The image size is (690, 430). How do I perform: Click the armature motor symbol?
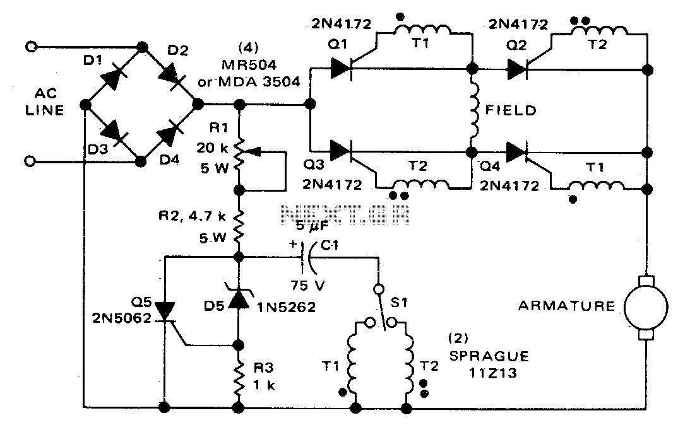pos(646,307)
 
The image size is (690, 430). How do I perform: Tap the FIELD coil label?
pos(511,110)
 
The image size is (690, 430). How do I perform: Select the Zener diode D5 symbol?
pos(238,298)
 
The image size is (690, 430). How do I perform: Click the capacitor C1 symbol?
pos(307,257)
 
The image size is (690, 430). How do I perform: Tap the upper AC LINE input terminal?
pos(31,46)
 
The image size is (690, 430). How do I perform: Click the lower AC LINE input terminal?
pos(30,161)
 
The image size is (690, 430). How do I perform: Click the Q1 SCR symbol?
pos(342,69)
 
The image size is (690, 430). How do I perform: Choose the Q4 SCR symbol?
pos(517,152)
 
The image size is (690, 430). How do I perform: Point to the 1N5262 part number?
pos(287,307)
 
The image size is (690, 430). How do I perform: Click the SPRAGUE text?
pos(489,356)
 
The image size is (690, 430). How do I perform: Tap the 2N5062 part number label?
pos(121,317)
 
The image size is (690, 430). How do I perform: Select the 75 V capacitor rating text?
pos(307,286)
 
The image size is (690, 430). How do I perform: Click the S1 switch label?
pos(399,303)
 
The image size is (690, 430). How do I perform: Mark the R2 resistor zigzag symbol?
pos(238,226)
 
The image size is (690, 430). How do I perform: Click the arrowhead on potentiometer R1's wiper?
pos(253,152)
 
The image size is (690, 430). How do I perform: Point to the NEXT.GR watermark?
pos(345,216)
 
